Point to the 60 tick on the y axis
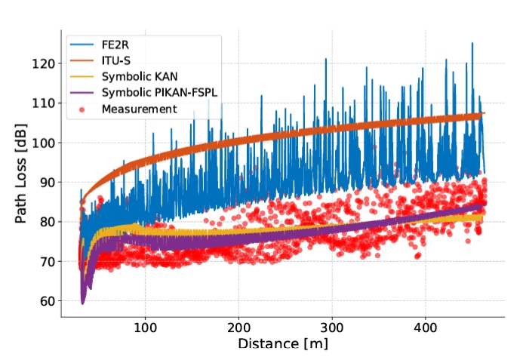click(48, 301)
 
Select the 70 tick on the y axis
click(48, 261)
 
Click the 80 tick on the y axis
click(48, 222)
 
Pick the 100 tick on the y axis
click(45, 143)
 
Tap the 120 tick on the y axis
click(45, 63)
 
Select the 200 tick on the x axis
click(238, 329)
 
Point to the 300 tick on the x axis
click(332, 329)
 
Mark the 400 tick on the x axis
click(426, 329)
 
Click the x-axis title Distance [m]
click(281, 345)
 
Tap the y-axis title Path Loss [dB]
click(22, 179)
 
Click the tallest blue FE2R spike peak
click(472, 44)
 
